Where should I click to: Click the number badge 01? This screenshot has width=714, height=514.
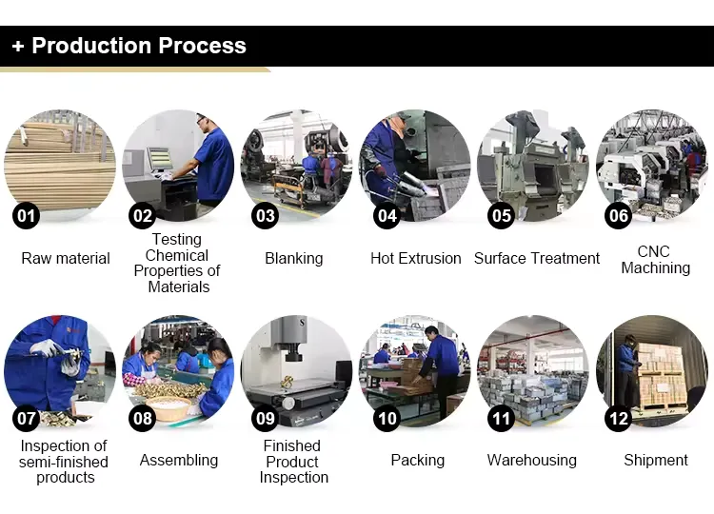coord(26,216)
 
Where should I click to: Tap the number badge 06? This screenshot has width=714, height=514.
coord(619,216)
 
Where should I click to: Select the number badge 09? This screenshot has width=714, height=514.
coord(265,418)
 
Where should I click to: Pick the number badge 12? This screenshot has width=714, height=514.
coord(619,418)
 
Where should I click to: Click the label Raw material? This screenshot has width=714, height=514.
coord(66,258)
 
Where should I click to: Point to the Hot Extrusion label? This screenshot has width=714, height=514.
coord(415,258)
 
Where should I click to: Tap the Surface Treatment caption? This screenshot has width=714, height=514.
coord(537,258)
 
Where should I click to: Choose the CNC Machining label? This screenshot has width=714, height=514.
coord(655,260)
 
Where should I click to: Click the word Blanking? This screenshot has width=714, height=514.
coord(293,258)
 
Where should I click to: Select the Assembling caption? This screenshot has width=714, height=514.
coord(179,460)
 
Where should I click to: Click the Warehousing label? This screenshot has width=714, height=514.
coord(532,460)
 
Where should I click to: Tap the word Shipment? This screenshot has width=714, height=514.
coord(655,460)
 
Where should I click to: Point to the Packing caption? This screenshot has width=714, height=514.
coord(417,460)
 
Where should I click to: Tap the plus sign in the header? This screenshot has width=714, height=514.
coord(18,47)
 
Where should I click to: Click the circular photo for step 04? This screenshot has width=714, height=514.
coord(415,162)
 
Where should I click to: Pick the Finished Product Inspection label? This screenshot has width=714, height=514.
coord(293,462)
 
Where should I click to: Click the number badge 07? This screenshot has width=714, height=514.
coord(26,418)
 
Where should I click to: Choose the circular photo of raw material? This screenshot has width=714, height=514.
coord(61,162)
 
